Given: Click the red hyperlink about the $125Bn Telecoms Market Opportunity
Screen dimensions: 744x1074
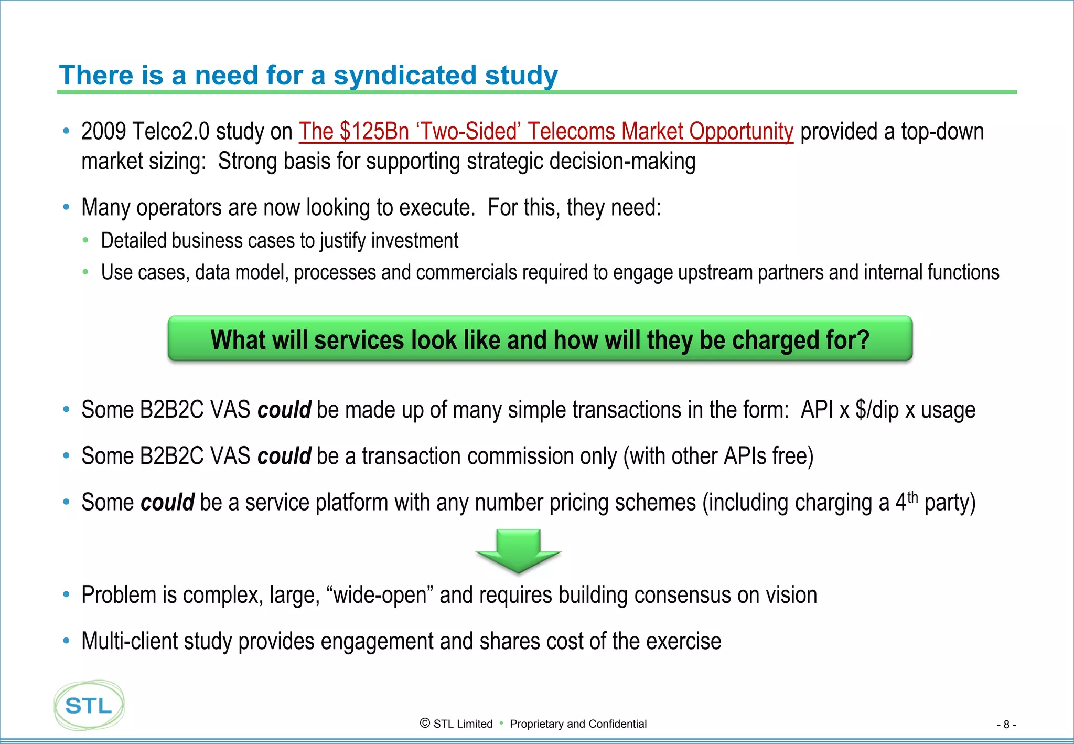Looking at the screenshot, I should [x=545, y=131].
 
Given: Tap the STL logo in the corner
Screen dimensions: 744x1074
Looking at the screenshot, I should [x=89, y=705].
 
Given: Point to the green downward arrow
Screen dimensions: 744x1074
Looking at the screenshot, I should [x=518, y=550].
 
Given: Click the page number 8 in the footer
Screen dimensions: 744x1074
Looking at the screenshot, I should [x=1006, y=725].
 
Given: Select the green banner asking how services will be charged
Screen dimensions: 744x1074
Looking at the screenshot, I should [x=540, y=339].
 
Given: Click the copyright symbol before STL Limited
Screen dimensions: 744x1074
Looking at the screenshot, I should [x=425, y=724].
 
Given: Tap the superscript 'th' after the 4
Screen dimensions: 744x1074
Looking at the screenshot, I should [x=913, y=496].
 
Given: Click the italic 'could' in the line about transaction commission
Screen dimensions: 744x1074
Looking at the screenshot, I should [x=284, y=456].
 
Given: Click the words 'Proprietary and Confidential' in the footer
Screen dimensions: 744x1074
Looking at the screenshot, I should [x=578, y=724].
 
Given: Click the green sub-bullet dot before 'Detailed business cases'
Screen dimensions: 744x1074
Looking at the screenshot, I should [x=85, y=240].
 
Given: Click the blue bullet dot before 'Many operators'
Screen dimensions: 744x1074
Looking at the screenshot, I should [x=66, y=207].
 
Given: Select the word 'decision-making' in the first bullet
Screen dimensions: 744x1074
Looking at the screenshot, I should [x=622, y=161].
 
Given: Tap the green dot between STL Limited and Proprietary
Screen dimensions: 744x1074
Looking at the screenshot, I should [x=501, y=723].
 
